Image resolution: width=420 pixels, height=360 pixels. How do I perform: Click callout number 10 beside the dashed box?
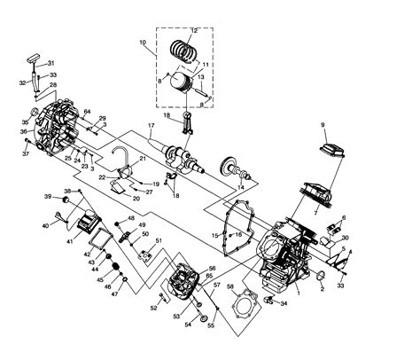[x=142, y=43]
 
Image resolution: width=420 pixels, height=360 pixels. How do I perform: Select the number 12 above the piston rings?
[x=195, y=31]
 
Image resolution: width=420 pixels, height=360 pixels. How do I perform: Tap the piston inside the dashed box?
[x=182, y=81]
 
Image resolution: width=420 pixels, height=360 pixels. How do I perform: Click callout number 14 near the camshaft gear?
[x=239, y=189]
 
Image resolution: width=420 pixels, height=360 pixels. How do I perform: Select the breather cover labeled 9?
[x=323, y=148]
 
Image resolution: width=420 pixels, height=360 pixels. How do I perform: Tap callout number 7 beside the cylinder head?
[x=316, y=214]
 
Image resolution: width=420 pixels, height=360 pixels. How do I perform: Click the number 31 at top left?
[x=51, y=63]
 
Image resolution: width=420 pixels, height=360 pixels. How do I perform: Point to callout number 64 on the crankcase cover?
[x=87, y=112]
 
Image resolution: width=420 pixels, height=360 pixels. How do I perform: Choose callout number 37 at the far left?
[x=26, y=153]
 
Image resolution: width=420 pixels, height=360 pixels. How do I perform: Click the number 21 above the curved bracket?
[x=142, y=157]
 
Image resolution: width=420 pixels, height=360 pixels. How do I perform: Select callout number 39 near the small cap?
[x=48, y=196]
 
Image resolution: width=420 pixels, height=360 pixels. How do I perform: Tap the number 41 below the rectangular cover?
[x=69, y=241]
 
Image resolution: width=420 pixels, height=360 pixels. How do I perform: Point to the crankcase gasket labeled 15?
[x=214, y=235]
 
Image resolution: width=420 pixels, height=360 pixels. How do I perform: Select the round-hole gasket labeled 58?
[x=229, y=286]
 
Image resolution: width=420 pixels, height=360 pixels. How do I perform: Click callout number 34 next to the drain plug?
[x=284, y=303]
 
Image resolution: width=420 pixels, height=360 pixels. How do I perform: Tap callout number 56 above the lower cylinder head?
[x=212, y=269]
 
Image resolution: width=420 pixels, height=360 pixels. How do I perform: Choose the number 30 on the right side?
[x=346, y=238]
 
